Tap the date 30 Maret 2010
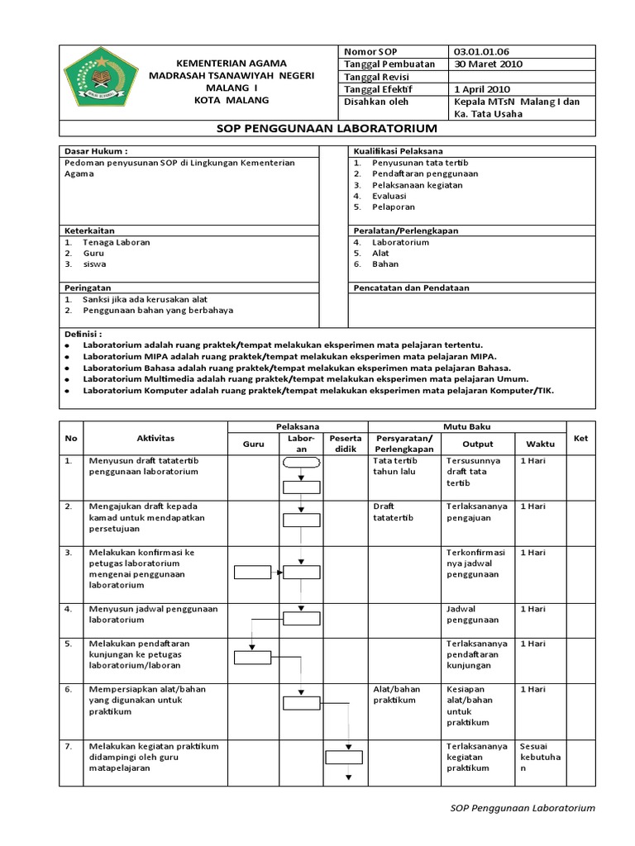pos(488,64)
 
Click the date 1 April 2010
pos(483,89)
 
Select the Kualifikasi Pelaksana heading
pos(398,152)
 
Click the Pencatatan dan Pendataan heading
pos(411,288)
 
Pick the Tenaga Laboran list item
pos(116,243)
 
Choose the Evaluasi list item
pos(389,197)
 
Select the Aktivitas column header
pos(155,438)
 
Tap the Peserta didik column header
pos(344,443)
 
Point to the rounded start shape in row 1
pos(301,463)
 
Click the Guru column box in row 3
pos(251,572)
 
